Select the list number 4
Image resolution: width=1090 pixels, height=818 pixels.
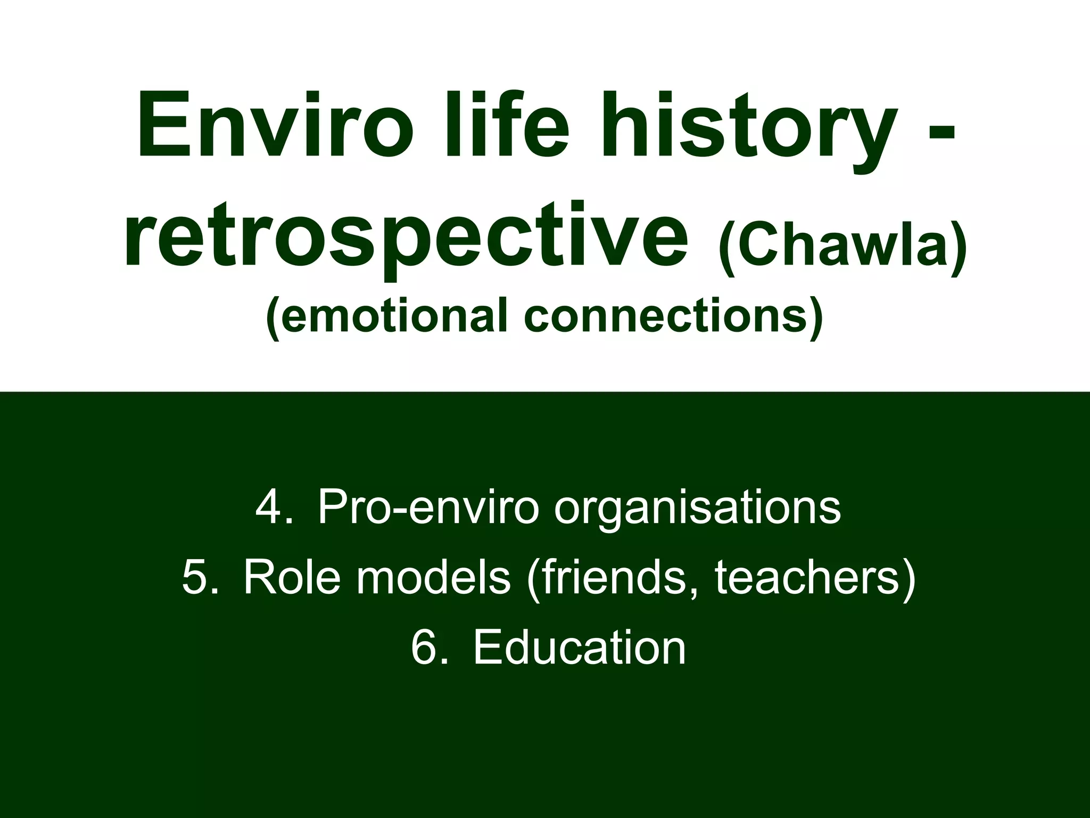(x=275, y=508)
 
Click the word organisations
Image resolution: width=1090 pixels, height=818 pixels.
(x=697, y=508)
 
